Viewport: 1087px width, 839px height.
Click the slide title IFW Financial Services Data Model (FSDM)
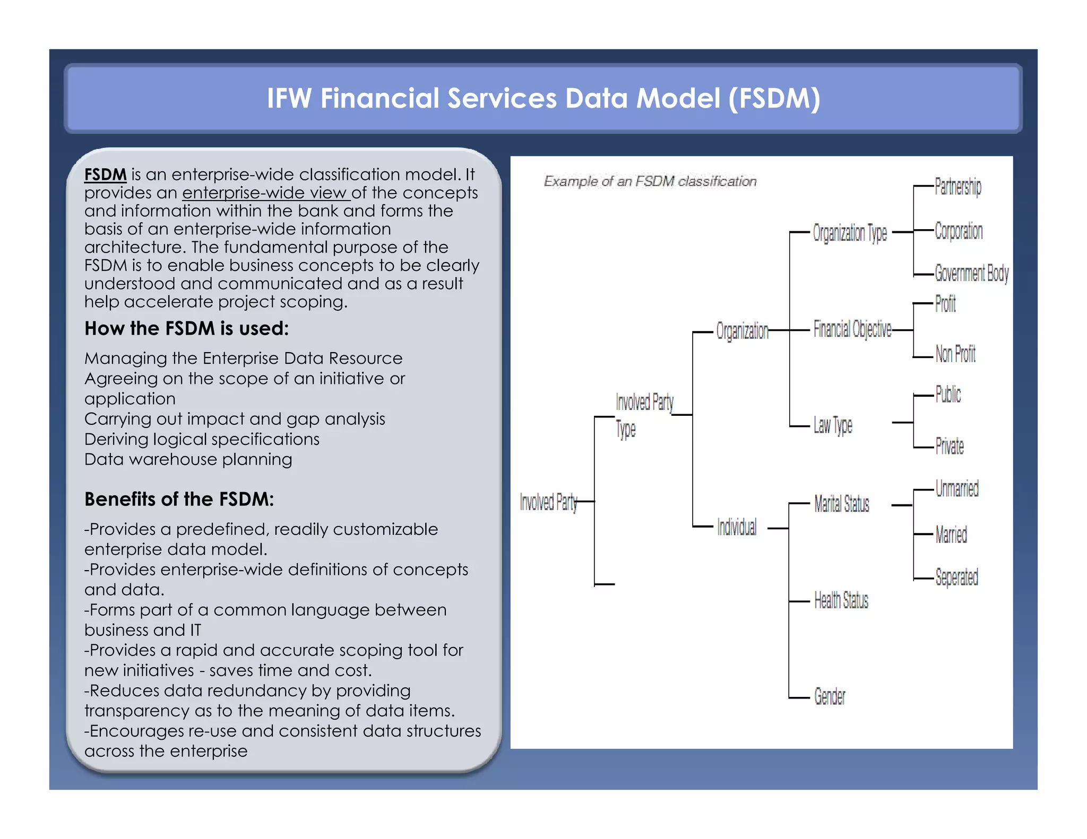coord(543,99)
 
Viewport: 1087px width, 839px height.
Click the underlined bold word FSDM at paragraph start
coord(105,174)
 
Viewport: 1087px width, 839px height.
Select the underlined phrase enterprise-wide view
coord(265,193)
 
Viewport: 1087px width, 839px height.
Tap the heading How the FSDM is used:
coord(186,329)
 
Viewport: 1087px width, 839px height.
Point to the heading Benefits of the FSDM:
coord(179,500)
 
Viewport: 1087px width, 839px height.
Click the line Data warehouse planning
coord(188,459)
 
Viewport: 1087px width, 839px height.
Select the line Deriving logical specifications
coord(202,439)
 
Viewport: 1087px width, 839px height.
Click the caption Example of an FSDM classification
coord(650,181)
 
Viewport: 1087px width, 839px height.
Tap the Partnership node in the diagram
coord(957,187)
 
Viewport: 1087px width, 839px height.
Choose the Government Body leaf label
coord(971,274)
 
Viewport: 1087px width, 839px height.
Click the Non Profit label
coord(955,354)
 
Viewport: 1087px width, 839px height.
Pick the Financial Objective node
coord(852,329)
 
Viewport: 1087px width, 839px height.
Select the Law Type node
coord(832,425)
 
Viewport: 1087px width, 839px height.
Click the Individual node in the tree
coord(736,527)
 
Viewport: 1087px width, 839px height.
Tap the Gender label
coord(829,696)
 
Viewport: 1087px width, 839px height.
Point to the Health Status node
coord(841,600)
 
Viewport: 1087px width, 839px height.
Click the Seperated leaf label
coord(956,577)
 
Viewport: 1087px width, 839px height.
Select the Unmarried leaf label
coord(956,488)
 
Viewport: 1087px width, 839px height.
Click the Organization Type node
coord(849,233)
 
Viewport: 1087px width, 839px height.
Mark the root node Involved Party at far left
coord(548,502)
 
